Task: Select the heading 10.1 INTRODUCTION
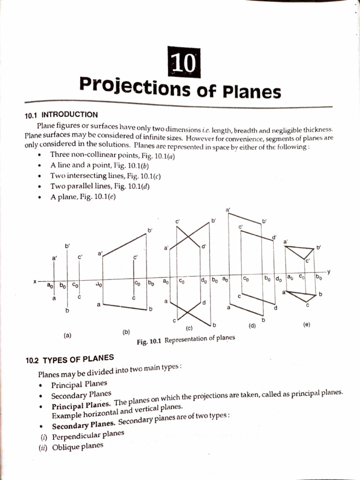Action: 61,114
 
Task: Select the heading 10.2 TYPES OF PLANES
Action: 70,360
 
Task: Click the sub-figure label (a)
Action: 67,335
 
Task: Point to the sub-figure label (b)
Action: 126,332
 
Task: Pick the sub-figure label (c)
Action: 190,328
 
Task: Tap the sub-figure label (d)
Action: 252,325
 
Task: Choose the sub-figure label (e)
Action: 307,324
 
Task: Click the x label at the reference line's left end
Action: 34,282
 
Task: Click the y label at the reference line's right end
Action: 329,271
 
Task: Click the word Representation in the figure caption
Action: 187,339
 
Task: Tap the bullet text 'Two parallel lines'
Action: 78,186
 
